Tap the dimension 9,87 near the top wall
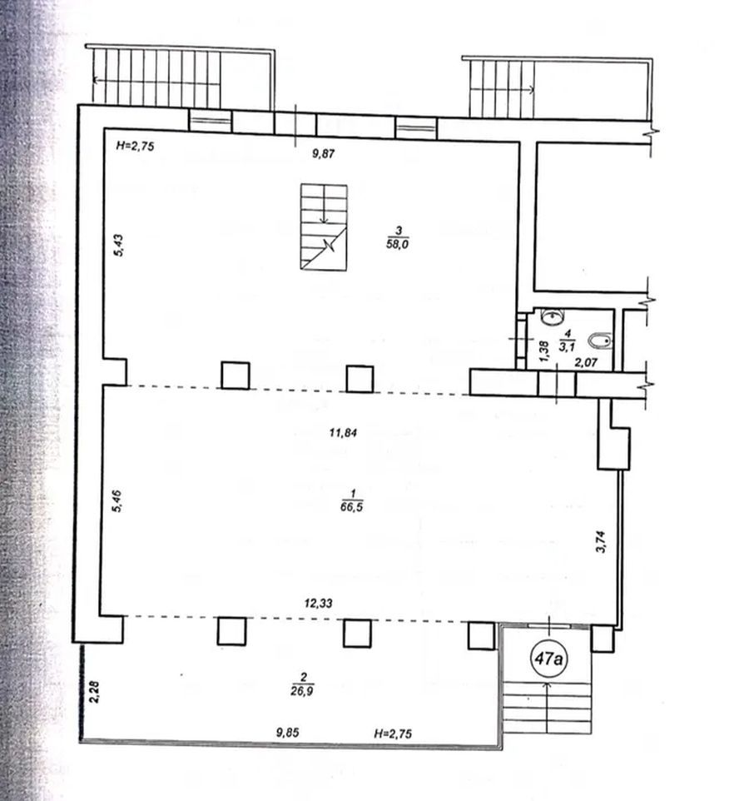(323, 153)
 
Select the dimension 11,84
(343, 433)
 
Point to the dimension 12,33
(318, 604)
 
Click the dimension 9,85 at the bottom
(287, 733)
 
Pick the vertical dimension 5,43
(118, 245)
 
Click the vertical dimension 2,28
(94, 692)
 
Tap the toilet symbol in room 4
(600, 341)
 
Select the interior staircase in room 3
(324, 226)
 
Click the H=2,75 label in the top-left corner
(135, 146)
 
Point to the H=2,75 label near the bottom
(393, 734)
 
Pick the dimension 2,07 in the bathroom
(586, 363)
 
